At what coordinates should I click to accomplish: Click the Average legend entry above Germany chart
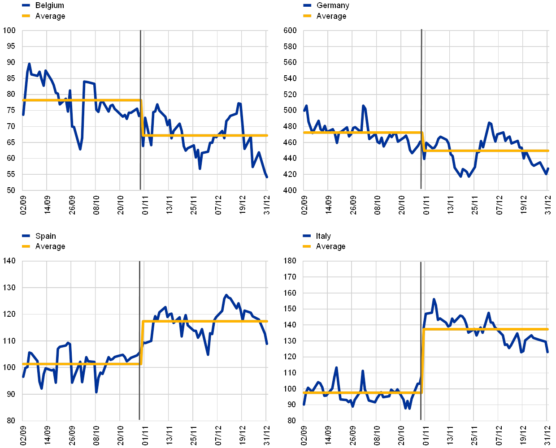[331, 16]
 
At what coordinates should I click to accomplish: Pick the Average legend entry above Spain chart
[50, 246]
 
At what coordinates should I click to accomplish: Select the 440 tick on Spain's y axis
[9, 261]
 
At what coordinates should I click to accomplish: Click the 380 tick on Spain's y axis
[9, 420]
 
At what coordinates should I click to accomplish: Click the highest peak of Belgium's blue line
[29, 64]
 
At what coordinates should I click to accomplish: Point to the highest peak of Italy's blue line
[434, 299]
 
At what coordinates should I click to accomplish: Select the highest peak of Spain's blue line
[226, 295]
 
